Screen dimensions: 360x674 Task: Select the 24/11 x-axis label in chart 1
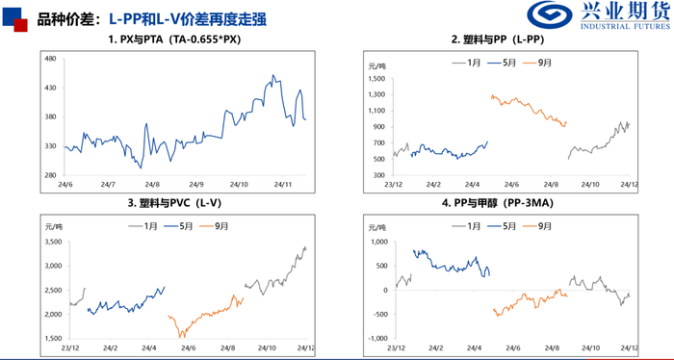[x=283, y=184]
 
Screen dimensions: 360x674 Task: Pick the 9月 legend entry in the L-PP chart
[x=545, y=63]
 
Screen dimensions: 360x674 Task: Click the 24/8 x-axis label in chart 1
[x=151, y=184]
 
